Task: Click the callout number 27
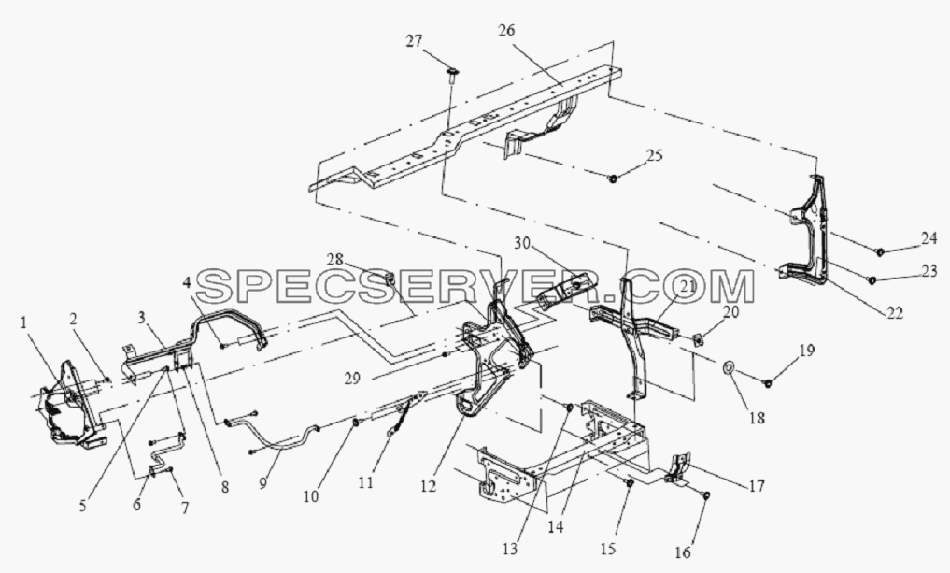coord(414,42)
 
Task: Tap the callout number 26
coord(506,30)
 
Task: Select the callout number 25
coord(654,155)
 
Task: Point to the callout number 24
coord(929,239)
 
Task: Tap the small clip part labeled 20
coord(697,342)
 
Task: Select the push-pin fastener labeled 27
coord(452,75)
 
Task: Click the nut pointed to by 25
coord(613,179)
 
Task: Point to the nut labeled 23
coord(872,280)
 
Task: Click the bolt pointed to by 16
coord(706,496)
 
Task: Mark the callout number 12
coord(429,487)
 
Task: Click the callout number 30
coord(523,244)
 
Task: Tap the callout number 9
coord(262,484)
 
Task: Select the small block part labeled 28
coord(388,279)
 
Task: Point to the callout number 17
coord(756,486)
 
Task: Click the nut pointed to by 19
coord(768,383)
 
